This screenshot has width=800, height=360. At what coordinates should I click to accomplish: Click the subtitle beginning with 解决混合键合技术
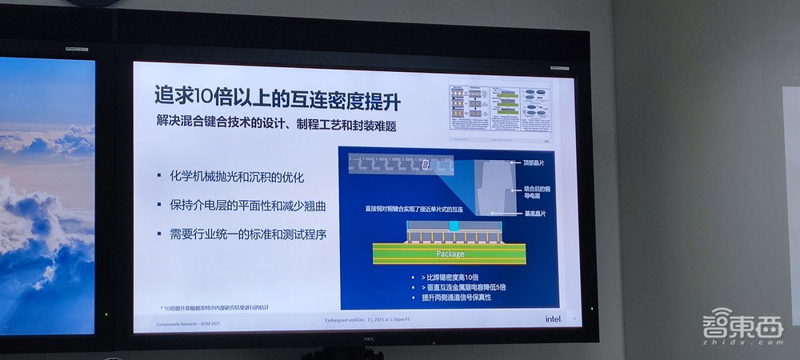pyautogui.click(x=277, y=126)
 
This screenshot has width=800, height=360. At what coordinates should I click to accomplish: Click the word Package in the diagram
pyautogui.click(x=450, y=255)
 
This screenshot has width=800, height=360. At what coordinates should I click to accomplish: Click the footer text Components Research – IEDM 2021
pyautogui.click(x=177, y=322)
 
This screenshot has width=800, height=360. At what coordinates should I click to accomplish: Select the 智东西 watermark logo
pyautogui.click(x=732, y=326)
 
